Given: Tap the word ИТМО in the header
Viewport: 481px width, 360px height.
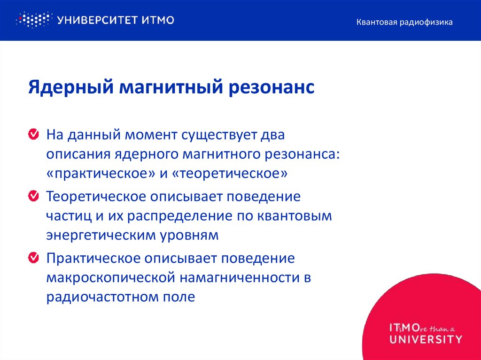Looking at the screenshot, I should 158,20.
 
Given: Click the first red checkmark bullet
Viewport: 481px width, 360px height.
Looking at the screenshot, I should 33,135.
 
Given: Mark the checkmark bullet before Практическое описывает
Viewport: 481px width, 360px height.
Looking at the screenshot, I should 33,257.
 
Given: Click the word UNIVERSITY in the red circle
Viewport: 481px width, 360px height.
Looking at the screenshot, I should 425,339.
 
